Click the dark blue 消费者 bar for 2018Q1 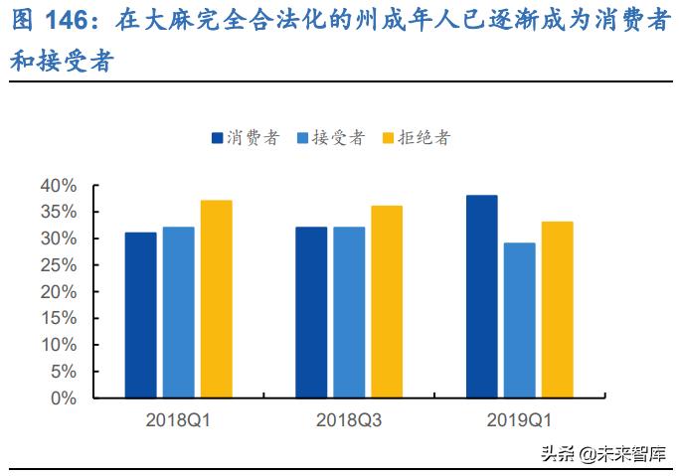(x=140, y=315)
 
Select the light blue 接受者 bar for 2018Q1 (x=179, y=312)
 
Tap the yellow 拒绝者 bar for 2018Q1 (x=216, y=299)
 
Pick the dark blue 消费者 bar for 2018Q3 (x=311, y=312)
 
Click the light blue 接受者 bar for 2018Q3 (x=349, y=312)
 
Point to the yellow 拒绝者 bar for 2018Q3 (x=387, y=302)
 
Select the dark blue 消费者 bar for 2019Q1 (x=481, y=296)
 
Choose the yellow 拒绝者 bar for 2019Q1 (x=557, y=309)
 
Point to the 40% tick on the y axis (x=58, y=186)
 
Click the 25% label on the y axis (x=58, y=265)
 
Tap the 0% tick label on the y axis (x=63, y=397)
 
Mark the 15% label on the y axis (x=58, y=318)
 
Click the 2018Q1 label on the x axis (x=179, y=421)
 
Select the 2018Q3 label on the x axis (x=349, y=421)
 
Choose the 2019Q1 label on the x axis (x=519, y=421)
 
